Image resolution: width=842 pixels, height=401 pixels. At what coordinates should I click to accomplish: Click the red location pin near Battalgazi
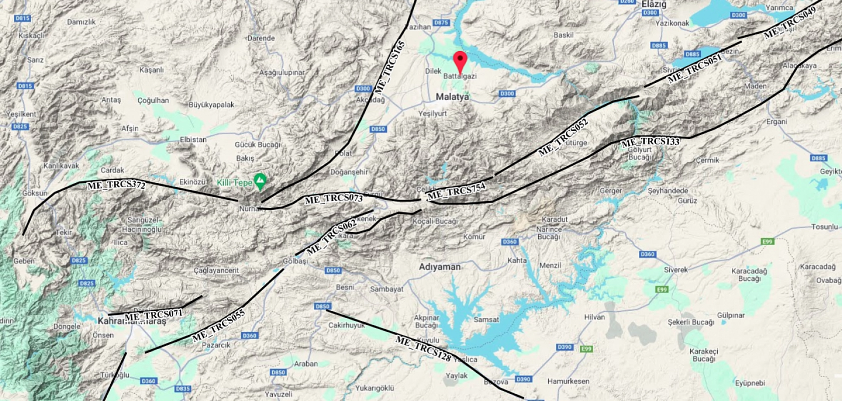pyautogui.click(x=460, y=60)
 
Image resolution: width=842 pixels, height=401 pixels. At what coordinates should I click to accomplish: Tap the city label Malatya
pyautogui.click(x=452, y=96)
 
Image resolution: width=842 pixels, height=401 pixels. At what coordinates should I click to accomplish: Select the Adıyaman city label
pyautogui.click(x=440, y=267)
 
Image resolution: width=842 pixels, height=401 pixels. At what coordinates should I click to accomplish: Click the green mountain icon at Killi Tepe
pyautogui.click(x=260, y=180)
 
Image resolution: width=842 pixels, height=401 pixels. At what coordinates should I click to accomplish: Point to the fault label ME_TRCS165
pyautogui.click(x=389, y=67)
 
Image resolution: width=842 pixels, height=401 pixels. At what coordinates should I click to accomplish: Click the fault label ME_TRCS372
pyautogui.click(x=116, y=185)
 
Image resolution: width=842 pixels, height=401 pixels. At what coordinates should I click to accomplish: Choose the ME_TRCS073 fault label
pyautogui.click(x=333, y=199)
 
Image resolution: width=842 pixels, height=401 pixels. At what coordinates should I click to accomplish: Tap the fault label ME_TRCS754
pyautogui.click(x=456, y=191)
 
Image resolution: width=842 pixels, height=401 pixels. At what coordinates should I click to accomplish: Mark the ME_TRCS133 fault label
pyautogui.click(x=650, y=142)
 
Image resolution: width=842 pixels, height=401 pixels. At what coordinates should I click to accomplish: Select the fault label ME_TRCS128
pyautogui.click(x=424, y=348)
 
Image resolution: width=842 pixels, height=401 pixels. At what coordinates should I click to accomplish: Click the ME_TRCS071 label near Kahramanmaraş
pyautogui.click(x=154, y=315)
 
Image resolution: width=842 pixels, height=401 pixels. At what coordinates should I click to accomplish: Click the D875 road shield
pyautogui.click(x=441, y=22)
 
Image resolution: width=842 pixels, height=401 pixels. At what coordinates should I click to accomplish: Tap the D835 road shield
pyautogui.click(x=183, y=388)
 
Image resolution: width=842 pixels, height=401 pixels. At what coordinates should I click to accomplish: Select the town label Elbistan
pyautogui.click(x=193, y=139)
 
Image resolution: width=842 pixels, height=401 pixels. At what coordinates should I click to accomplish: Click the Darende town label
pyautogui.click(x=261, y=38)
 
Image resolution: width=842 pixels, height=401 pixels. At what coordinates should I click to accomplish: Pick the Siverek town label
pyautogui.click(x=676, y=269)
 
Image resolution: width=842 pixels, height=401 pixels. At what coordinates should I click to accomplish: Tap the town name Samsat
pyautogui.click(x=486, y=319)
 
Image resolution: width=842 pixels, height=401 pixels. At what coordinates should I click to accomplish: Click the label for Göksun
pyautogui.click(x=35, y=193)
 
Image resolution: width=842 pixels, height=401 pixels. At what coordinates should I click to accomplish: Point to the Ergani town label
pyautogui.click(x=776, y=121)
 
